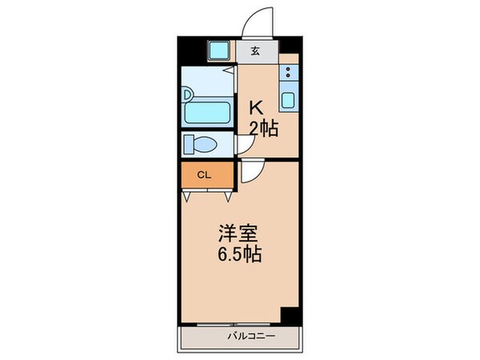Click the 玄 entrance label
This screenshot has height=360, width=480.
(255, 52)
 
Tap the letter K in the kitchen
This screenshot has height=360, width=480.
(257, 107)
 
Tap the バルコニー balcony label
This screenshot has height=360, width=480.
(250, 336)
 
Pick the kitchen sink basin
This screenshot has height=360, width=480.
(289, 102)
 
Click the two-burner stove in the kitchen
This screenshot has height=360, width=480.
(289, 75)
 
